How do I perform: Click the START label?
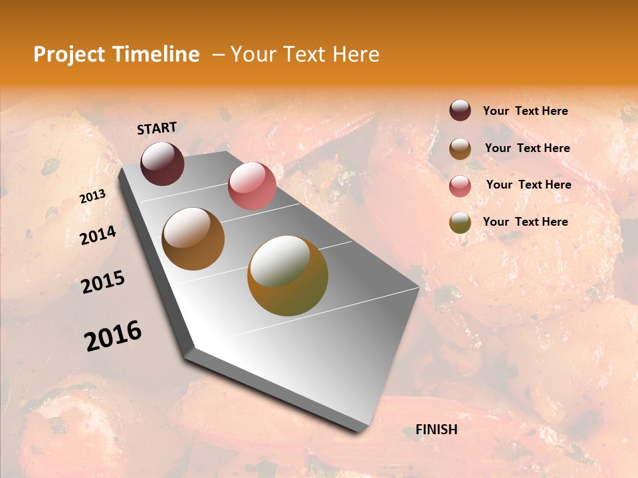point(157,127)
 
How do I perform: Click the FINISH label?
point(436,430)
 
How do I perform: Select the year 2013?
point(92,197)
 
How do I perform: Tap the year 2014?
point(98,235)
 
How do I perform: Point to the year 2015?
point(103,282)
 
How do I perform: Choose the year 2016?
point(113,336)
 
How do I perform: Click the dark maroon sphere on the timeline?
point(162,163)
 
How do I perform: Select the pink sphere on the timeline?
point(252,186)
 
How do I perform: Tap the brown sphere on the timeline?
point(193,239)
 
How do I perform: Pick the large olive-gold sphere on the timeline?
point(288,276)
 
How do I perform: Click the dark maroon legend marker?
point(460,111)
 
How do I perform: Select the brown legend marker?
point(460,148)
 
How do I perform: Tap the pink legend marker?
point(460,185)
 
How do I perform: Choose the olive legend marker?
point(460,222)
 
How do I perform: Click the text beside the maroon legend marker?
point(525,111)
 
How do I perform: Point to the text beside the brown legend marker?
point(527,148)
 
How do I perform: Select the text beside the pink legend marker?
point(528,185)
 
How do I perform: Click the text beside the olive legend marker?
point(525,222)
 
